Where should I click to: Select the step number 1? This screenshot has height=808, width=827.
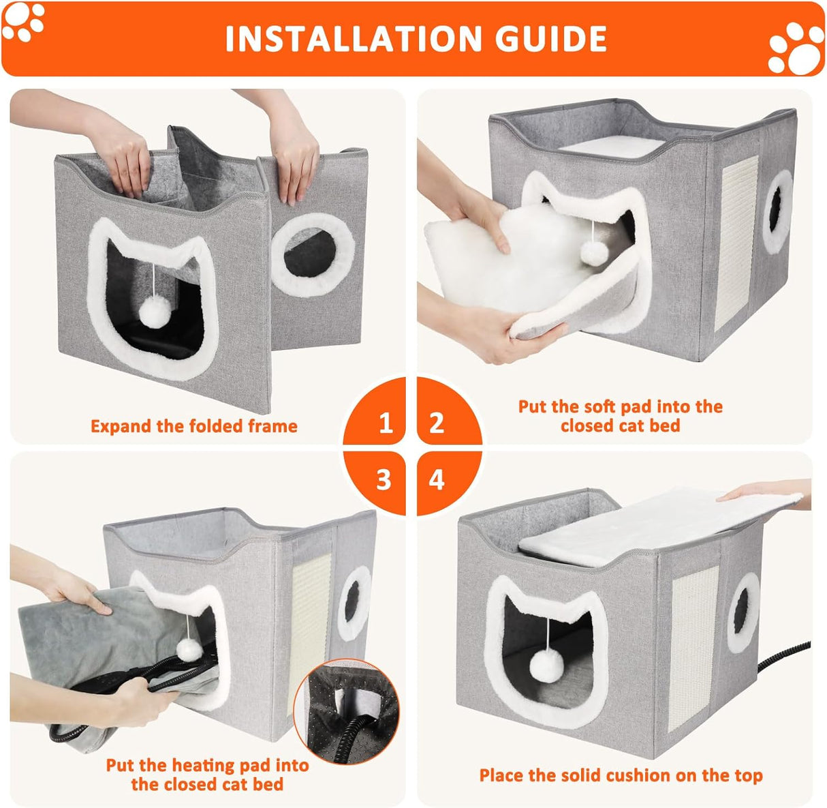pos(386,423)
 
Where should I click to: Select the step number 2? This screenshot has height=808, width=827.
pos(437,423)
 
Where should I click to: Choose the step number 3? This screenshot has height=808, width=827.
pos(384,479)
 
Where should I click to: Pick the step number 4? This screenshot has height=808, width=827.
pos(437,479)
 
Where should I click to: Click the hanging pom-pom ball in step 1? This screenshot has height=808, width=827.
pos(153,314)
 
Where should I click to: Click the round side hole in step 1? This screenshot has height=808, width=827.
pos(313,254)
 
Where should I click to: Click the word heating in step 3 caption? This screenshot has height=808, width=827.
pos(206,765)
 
